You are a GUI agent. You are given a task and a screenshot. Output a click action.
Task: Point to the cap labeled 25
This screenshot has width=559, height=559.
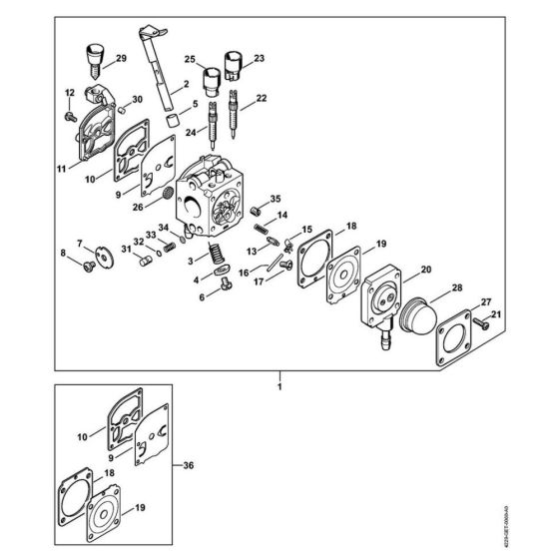[211, 78]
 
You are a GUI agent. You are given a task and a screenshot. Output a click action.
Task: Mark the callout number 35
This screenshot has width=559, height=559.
[277, 200]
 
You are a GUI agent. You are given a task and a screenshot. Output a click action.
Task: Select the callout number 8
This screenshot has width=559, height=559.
[66, 255]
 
